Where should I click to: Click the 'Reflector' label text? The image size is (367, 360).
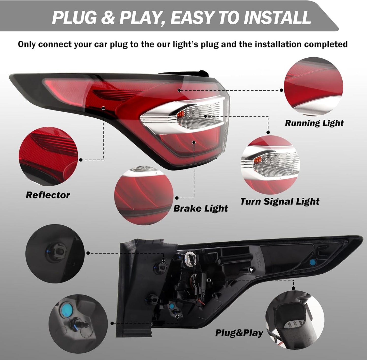pos(48,195)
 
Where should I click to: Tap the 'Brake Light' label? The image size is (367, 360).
pos(201,209)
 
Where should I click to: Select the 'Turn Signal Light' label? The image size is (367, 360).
pos(280,202)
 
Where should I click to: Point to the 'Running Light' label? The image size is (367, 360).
pos(314,123)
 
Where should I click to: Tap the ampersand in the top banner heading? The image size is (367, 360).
pos(108,18)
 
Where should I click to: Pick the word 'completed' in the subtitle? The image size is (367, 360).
pos(326,44)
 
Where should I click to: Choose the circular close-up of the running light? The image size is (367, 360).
pos(313,87)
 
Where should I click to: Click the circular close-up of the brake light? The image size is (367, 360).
pos(144,195)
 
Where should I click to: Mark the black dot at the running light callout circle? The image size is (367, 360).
pos(281,90)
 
